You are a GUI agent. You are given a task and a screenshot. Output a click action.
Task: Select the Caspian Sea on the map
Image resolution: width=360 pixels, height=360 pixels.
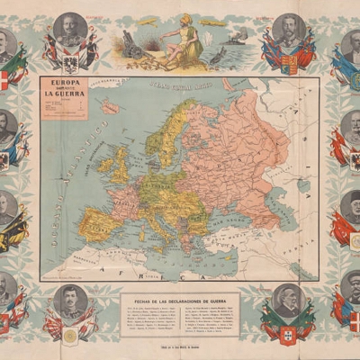(x=301, y=211)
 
